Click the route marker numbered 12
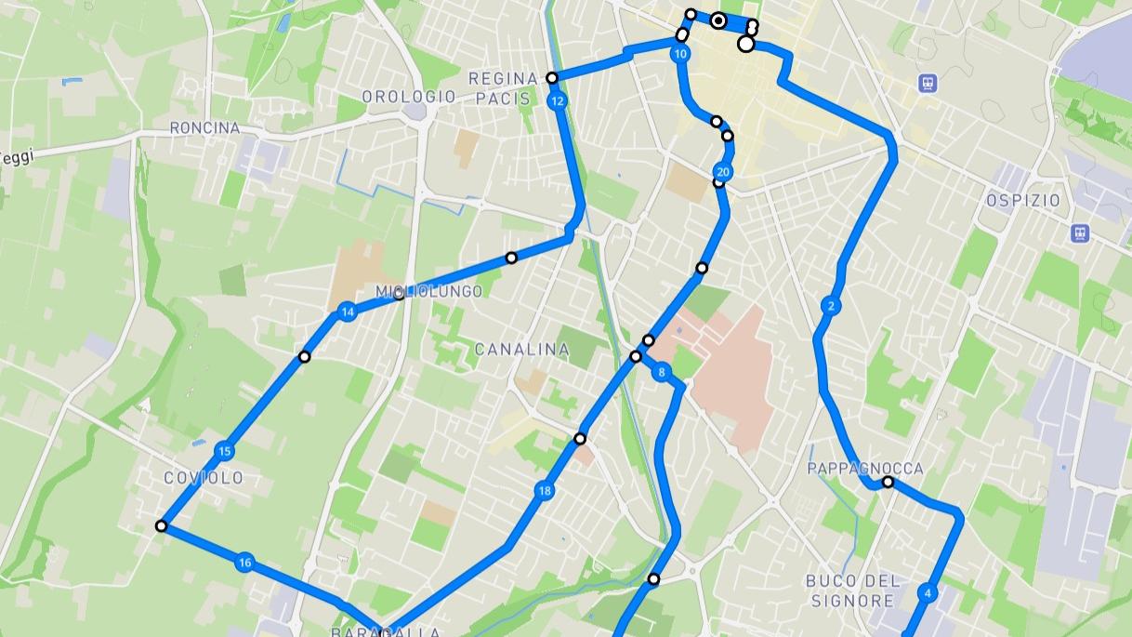558,100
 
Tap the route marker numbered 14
348,312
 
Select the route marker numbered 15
224,452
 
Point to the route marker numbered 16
244,562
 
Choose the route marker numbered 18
545,491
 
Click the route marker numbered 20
723,172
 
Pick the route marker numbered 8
662,373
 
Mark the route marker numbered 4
927,592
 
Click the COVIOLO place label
204,478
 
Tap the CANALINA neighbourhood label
521,350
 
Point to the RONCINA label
204,127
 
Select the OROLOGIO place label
409,97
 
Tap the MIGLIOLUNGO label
429,292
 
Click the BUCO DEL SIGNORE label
853,590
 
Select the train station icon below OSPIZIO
1079,232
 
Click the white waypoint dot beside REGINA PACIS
552,78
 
